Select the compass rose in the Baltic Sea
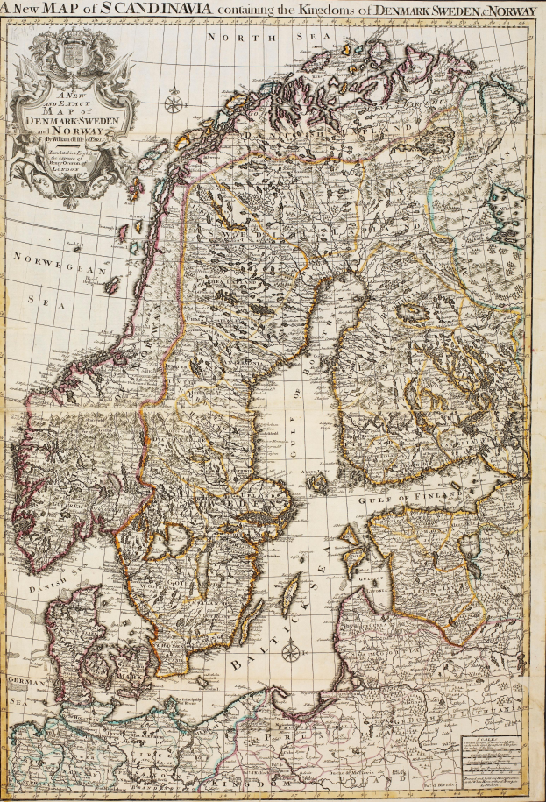295,652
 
